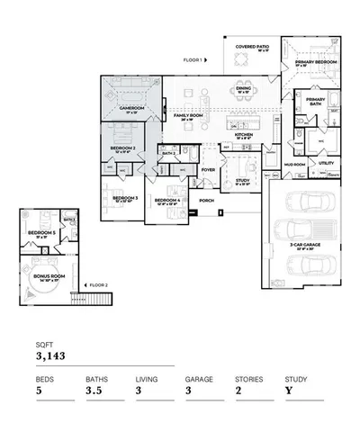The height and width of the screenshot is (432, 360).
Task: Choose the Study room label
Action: click(242, 181)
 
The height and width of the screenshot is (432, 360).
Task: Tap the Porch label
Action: click(206, 200)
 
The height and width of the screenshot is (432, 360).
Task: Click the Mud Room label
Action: click(295, 165)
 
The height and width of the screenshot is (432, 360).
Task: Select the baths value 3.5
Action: click(94, 392)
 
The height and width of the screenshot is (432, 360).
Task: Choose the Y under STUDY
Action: click(288, 392)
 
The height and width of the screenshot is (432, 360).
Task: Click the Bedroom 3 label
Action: click(124, 197)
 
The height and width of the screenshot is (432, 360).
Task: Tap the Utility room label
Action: click(326, 163)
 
